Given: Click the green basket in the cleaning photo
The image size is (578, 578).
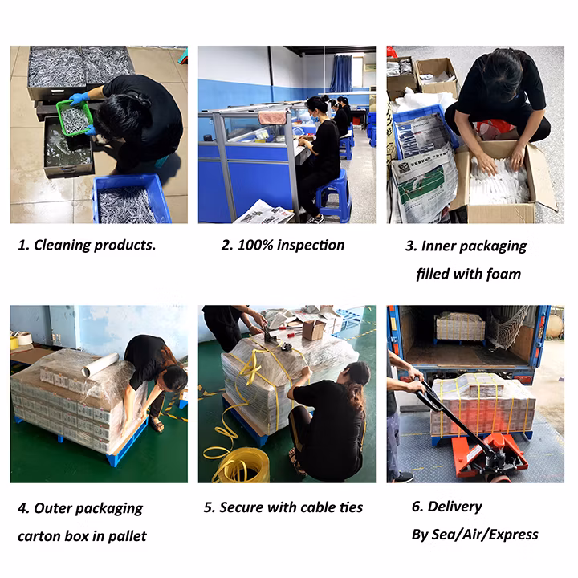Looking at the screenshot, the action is click(74, 118).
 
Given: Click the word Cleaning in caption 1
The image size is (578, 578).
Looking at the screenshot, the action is click(62, 245).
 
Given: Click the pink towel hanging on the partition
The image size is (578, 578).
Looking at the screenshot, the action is click(272, 117).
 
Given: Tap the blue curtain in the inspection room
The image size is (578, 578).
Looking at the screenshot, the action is click(341, 73).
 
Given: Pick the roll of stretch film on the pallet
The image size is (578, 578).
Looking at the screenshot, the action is click(100, 365).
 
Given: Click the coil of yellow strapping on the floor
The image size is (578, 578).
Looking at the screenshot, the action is click(239, 465).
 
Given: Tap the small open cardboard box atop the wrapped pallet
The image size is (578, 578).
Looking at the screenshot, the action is click(313, 330).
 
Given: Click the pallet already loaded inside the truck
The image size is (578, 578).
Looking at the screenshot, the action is click(461, 327).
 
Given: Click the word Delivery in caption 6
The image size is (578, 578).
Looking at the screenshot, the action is click(454, 507).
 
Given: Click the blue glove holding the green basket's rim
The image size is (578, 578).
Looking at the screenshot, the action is click(79, 99).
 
